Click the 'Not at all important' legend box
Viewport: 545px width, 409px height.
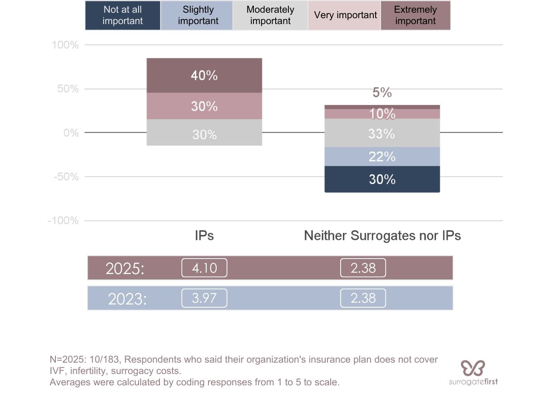(123, 15)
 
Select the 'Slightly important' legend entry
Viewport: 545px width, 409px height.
(197, 15)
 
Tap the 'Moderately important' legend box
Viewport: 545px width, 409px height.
(270, 15)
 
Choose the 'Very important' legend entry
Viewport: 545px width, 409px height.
(344, 15)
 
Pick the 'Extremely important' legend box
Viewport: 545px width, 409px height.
(415, 15)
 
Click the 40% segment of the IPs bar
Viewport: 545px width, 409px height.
(204, 75)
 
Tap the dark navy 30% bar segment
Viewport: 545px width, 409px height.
(382, 179)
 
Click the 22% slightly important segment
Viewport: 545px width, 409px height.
(382, 157)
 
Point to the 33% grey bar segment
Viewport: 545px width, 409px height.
(382, 134)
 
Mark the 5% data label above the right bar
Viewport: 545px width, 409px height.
(382, 93)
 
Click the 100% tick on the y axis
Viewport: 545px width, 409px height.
(65, 45)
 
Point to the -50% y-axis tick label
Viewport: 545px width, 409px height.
(65, 177)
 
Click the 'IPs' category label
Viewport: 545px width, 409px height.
(204, 235)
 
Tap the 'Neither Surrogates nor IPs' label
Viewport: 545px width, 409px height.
(382, 235)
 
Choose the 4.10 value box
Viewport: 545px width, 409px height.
(204, 268)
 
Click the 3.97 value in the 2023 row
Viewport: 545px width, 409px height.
(204, 298)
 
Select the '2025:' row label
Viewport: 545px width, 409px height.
(125, 269)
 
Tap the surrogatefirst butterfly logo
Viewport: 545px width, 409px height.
(473, 368)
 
